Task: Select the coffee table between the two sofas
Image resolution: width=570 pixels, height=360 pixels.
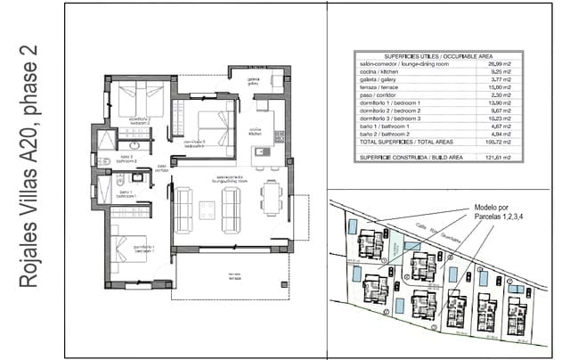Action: point(207,210)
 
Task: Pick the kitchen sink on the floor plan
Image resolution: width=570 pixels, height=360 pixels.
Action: point(261,151)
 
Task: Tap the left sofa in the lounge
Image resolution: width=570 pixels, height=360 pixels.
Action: point(184,210)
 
